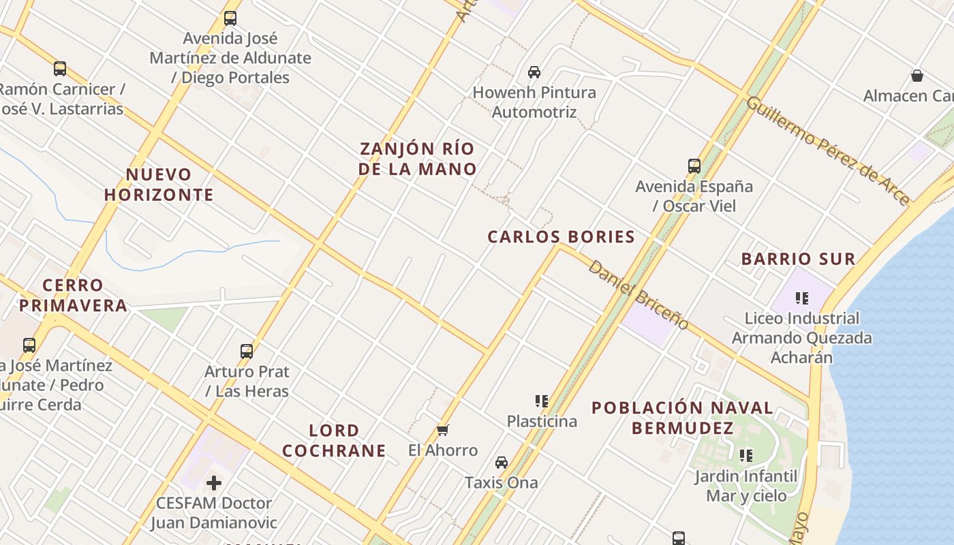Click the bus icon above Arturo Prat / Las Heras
[x=247, y=352]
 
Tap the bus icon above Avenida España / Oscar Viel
[x=694, y=166]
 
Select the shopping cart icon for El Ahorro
[x=443, y=430]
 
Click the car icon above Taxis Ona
[x=502, y=462]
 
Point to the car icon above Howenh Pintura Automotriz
[x=534, y=72]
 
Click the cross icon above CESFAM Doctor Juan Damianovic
[x=214, y=483]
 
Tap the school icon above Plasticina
[x=542, y=401]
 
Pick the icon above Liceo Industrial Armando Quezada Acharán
[x=801, y=298]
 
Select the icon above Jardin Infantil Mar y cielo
[x=746, y=455]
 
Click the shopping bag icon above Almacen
[x=917, y=76]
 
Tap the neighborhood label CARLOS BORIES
[x=561, y=237]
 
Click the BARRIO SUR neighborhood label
[x=798, y=259]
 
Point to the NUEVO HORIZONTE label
[x=159, y=185]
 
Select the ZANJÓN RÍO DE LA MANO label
[x=417, y=159]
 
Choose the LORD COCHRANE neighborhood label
[x=334, y=441]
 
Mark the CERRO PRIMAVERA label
[x=73, y=295]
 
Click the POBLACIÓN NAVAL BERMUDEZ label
[x=682, y=418]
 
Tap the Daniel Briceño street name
[x=638, y=294]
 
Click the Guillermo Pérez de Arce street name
[x=827, y=150]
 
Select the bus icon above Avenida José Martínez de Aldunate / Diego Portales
[x=230, y=18]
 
